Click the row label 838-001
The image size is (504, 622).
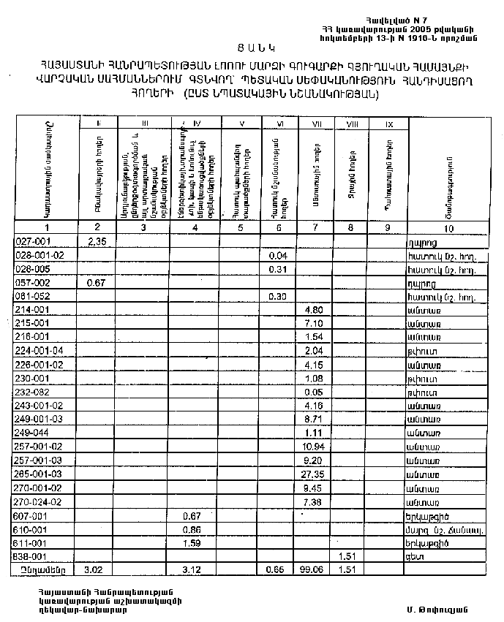pos(30,555)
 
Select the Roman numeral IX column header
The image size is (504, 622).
pos(389,124)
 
